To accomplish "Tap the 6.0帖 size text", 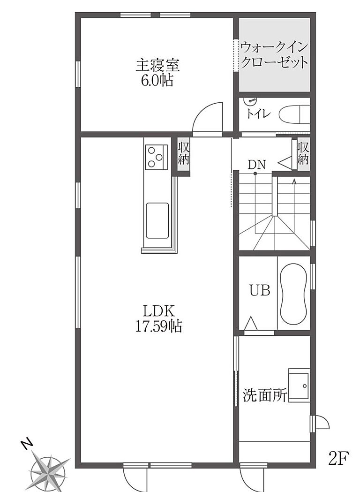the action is pos(157,81).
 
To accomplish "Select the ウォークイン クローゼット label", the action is pos(274,55).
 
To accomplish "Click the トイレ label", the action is pos(258,114).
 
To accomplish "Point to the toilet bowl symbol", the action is pos(294,114).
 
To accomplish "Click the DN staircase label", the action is pos(256,164).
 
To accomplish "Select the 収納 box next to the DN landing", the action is pos(303,154).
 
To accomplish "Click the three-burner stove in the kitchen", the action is pos(156,157).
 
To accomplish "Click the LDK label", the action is pos(159,311).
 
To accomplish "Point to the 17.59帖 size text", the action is pos(159,326).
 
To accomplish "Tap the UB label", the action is pos(260,290).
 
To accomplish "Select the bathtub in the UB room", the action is pos(293,294).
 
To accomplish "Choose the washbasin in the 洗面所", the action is pos(299,385).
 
